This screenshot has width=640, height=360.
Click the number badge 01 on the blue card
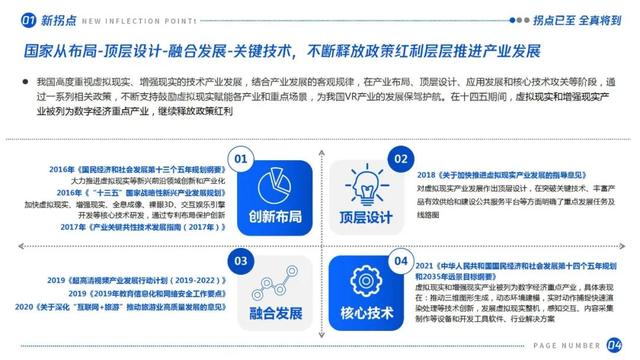point(240,157)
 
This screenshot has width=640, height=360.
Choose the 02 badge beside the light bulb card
point(400,158)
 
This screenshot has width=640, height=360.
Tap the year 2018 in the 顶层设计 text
point(426,174)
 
